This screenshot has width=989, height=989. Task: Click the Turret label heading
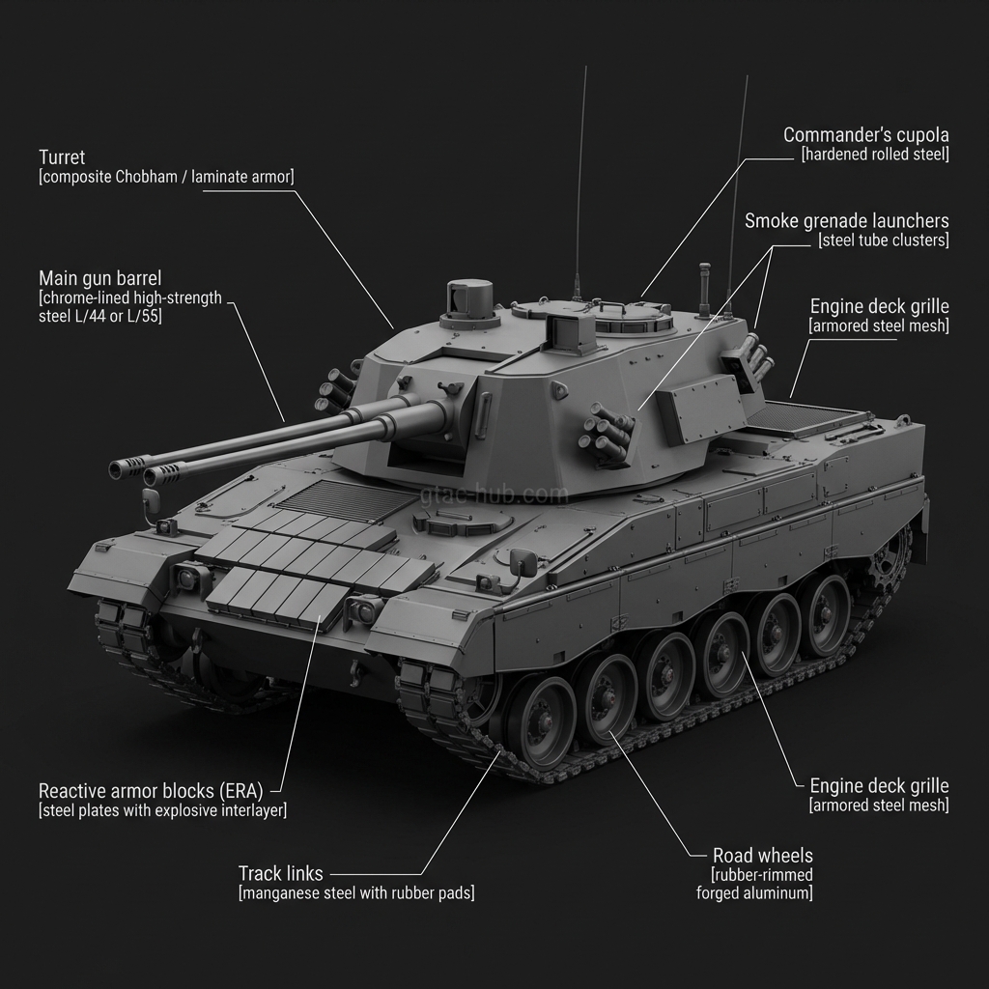tap(62, 157)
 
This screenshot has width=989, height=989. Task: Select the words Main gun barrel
tap(99, 278)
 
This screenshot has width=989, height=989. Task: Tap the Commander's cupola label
tap(866, 135)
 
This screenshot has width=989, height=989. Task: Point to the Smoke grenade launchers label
tap(846, 221)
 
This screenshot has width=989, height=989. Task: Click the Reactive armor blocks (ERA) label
tap(151, 791)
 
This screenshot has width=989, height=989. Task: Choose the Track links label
tap(281, 873)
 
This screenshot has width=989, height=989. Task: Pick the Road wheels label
tap(763, 856)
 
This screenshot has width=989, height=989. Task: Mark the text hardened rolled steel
tap(875, 155)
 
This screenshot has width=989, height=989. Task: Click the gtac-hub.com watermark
tap(494, 495)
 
